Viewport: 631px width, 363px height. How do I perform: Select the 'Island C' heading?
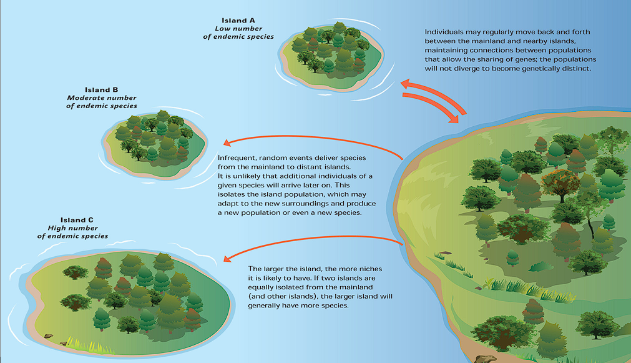77,220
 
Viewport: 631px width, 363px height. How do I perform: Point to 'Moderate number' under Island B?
102,98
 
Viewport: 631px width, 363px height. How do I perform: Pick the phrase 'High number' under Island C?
78,228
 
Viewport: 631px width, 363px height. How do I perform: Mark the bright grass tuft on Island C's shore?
81,342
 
